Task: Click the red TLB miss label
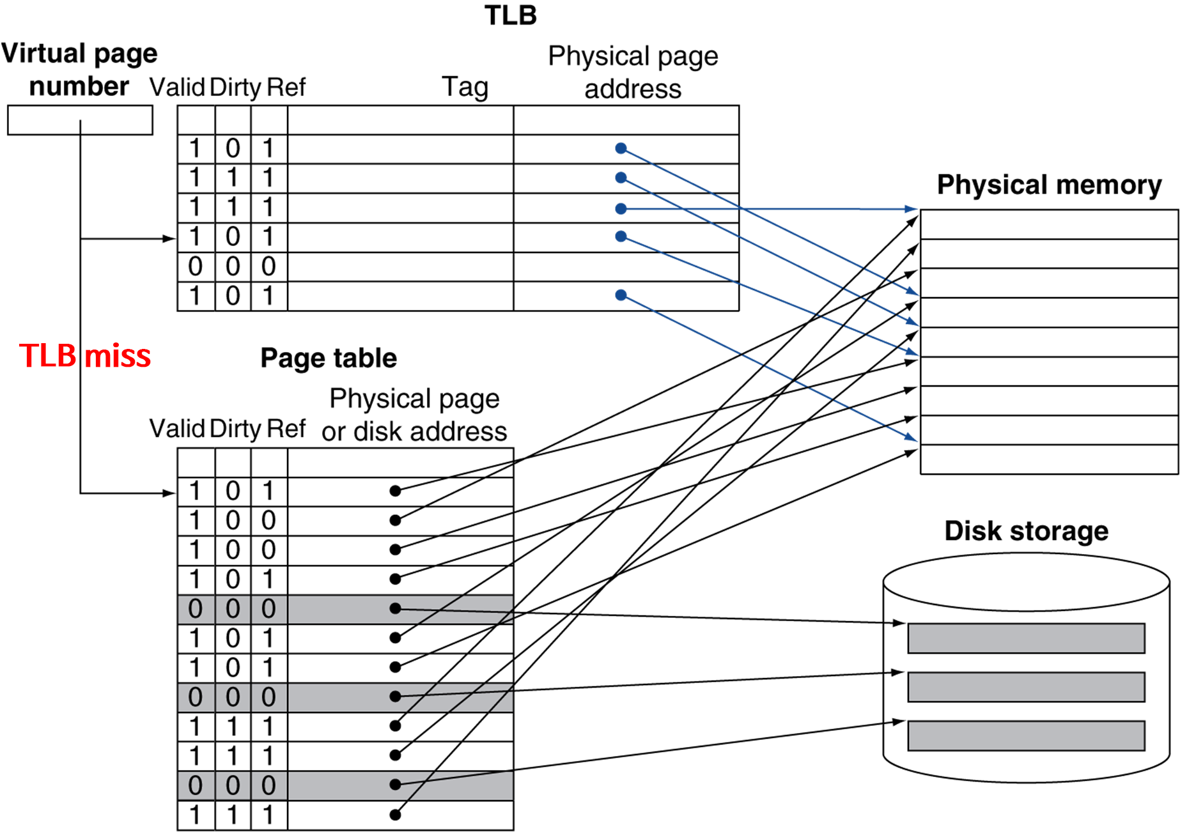tap(85, 355)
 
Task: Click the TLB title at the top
tap(510, 15)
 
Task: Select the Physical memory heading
tap(1049, 185)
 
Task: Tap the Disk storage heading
tap(1026, 530)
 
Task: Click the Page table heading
tap(329, 358)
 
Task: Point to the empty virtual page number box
tap(80, 120)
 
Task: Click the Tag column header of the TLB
tap(465, 87)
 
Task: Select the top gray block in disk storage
tap(1026, 638)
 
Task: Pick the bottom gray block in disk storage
tap(1026, 736)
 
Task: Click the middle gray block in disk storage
tap(1026, 687)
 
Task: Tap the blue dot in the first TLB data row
tap(621, 148)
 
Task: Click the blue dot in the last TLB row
tap(621, 295)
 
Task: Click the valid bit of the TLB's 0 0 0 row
tap(196, 266)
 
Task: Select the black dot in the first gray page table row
tap(395, 608)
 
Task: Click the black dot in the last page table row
tap(395, 815)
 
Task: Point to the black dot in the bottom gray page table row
tap(395, 785)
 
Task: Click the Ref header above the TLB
tap(286, 87)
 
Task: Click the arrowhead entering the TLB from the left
tap(169, 239)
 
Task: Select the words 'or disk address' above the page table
tap(414, 431)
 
